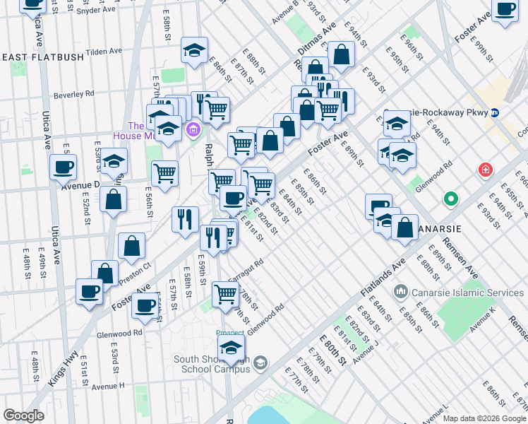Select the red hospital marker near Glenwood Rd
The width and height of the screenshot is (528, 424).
485,170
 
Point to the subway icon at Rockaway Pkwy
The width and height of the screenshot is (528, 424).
496,112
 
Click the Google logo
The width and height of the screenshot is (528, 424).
23,416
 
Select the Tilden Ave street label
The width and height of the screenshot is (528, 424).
104,52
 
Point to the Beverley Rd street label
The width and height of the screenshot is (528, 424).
74,93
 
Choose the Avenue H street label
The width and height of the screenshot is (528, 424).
107,386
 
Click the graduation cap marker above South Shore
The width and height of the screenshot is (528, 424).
230,348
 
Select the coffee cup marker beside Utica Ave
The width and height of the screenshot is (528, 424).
63,167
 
